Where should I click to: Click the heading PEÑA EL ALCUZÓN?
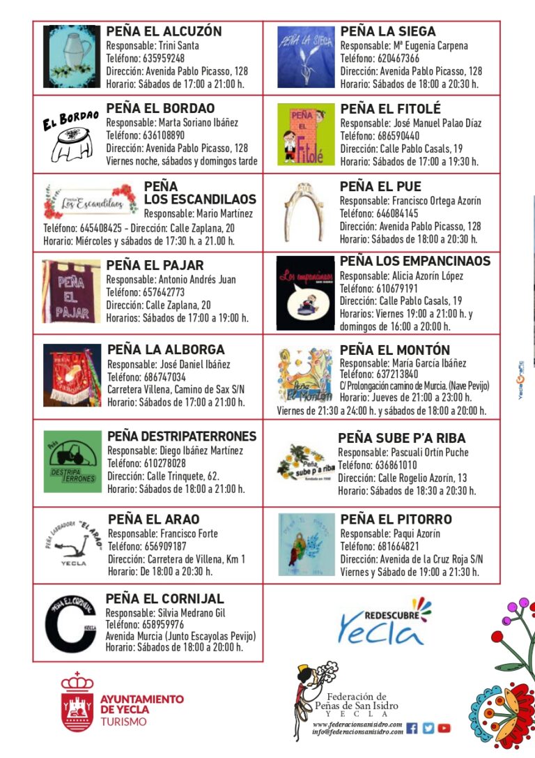pos(164,31)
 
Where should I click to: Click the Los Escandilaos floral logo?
pos(90,202)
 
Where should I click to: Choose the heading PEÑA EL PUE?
pos(380,187)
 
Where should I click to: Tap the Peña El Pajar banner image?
pos(71,291)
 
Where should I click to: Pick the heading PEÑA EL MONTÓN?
pos(395,350)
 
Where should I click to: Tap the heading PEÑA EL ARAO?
pos(153,520)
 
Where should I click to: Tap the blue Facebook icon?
pos(412,728)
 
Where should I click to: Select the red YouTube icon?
pos(444,728)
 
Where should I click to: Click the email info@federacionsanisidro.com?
pos(357,732)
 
